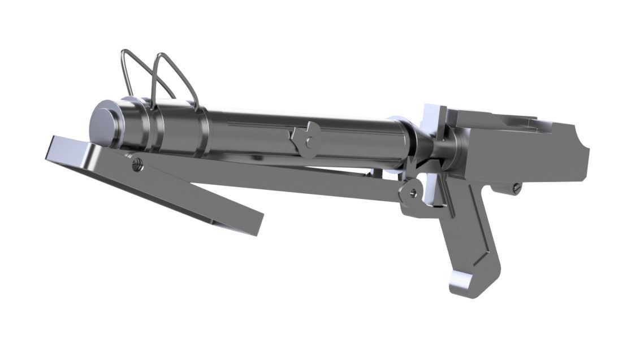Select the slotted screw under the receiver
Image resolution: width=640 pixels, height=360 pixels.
[516, 188]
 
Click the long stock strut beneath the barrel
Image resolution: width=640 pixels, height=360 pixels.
[283, 181]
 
